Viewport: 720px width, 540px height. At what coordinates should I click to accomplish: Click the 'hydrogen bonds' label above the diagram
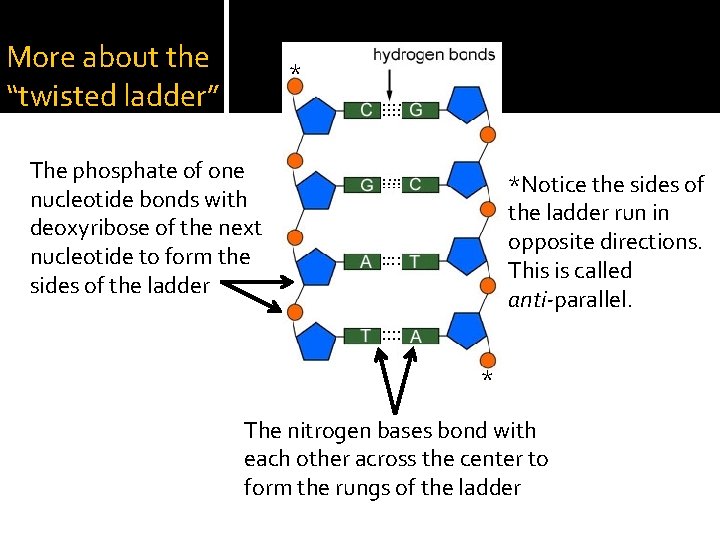[x=434, y=55]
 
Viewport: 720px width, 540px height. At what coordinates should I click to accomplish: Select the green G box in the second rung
[x=367, y=185]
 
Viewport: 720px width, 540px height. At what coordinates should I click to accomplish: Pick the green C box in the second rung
[x=416, y=185]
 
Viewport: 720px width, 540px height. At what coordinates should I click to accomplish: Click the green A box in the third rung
[x=367, y=261]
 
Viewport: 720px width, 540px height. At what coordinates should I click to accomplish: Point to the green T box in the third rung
[x=416, y=261]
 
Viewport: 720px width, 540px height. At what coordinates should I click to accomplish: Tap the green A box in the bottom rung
[x=416, y=336]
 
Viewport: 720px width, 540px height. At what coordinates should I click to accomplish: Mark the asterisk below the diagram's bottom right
[x=487, y=379]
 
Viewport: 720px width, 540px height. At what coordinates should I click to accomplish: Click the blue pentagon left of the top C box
[x=317, y=116]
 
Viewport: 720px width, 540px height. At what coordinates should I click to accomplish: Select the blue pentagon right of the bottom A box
[x=466, y=331]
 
